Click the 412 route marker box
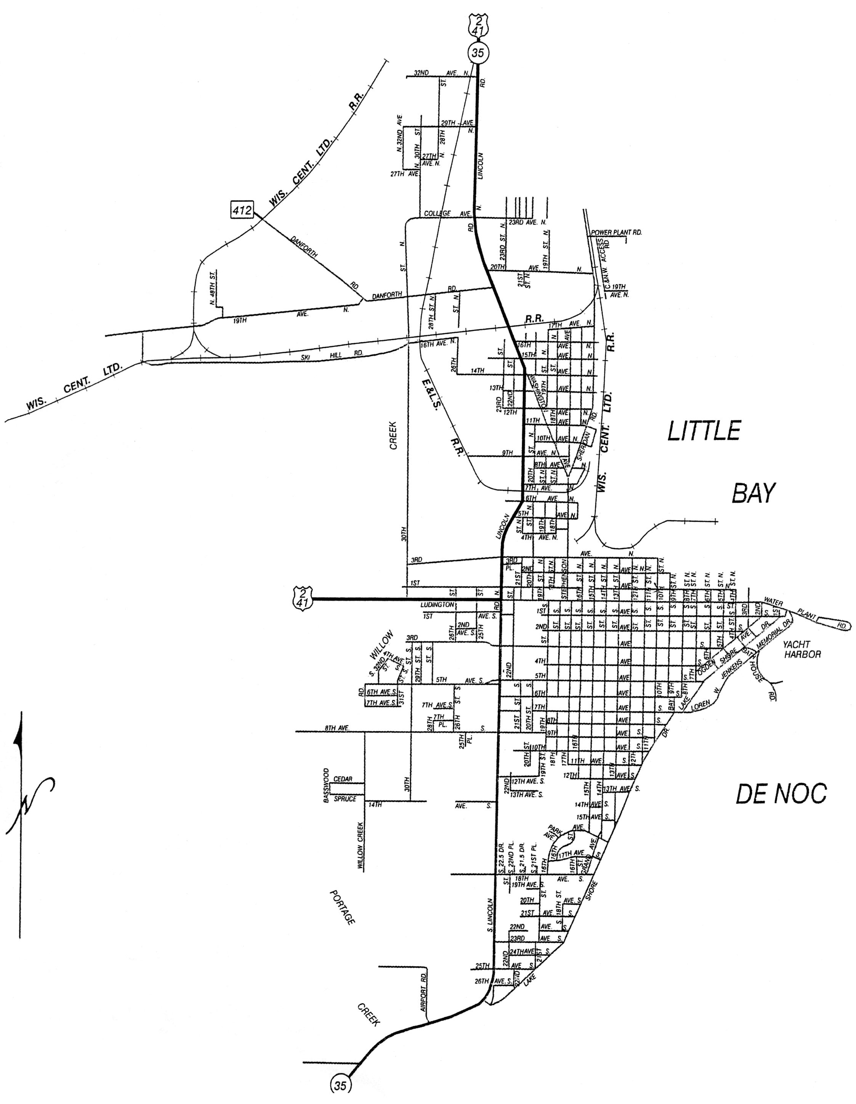pyautogui.click(x=242, y=209)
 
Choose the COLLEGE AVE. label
pyautogui.click(x=447, y=213)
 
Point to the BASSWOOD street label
pyautogui.click(x=327, y=786)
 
